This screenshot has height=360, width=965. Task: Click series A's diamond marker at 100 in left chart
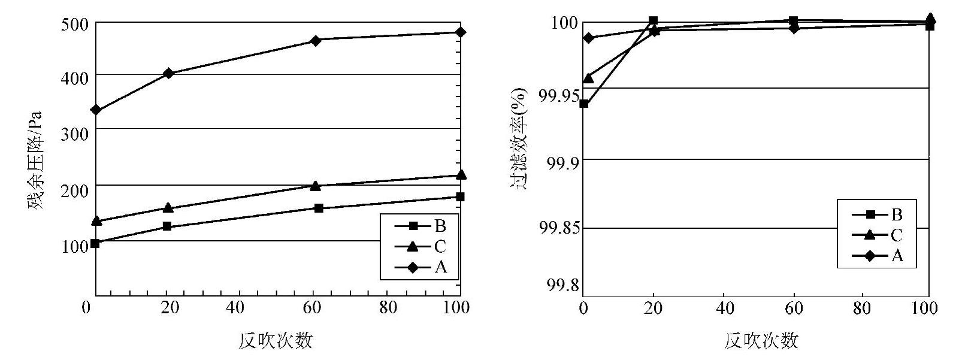point(460,32)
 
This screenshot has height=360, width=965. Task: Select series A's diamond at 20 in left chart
point(168,73)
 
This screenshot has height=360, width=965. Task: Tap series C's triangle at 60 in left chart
point(316,186)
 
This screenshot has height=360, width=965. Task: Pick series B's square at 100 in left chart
point(460,196)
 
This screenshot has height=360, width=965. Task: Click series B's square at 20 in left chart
point(167,226)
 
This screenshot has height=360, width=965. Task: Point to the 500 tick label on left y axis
point(75,24)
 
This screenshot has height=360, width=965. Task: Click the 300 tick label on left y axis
point(75,134)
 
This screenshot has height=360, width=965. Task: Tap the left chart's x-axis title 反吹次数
point(276,341)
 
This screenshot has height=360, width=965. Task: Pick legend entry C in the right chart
point(878,235)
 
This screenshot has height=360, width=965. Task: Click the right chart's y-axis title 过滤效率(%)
point(519,139)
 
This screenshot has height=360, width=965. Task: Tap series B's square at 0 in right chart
point(584,104)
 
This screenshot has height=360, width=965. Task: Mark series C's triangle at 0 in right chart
point(588,78)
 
